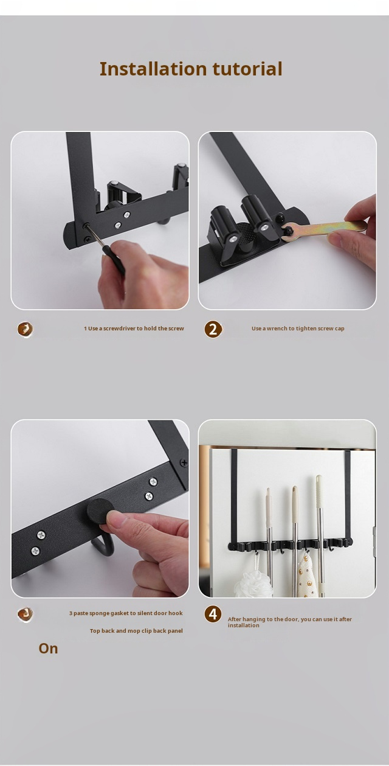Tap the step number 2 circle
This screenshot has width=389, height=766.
(213, 329)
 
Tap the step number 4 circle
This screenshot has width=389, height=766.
(213, 614)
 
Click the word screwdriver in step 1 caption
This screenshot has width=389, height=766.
(119, 329)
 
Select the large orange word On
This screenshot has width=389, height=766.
(48, 649)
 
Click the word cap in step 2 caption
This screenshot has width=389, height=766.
(339, 329)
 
